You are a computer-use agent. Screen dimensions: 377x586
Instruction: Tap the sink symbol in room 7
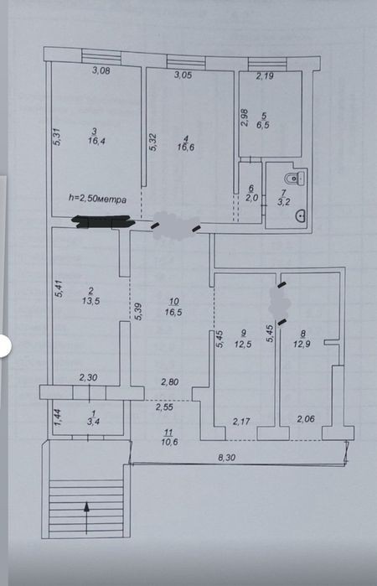[x=301, y=215]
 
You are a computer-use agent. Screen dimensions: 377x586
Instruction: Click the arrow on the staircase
[x=86, y=517]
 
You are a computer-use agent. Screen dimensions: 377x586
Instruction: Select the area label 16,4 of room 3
[x=96, y=141]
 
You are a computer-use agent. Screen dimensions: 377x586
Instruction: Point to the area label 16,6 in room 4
[x=186, y=147]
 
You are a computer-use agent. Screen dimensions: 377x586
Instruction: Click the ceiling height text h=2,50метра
[x=97, y=199]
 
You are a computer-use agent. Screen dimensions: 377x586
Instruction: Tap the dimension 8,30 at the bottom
[x=226, y=457]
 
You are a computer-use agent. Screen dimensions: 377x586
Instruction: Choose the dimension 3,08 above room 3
[x=101, y=70]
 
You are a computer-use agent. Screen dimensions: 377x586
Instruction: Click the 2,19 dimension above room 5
[x=265, y=76]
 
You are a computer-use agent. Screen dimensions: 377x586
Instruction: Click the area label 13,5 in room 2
[x=90, y=301]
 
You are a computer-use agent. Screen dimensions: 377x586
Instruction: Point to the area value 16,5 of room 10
[x=173, y=312]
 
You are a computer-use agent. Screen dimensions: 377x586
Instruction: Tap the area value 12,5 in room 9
[x=243, y=344]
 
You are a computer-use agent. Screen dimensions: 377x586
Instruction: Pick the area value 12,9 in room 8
[x=302, y=345]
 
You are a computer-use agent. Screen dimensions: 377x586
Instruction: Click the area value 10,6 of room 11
[x=169, y=442]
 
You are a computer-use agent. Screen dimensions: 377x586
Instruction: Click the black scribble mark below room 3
[x=103, y=221]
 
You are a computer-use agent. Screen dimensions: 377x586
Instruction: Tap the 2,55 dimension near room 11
[x=164, y=407]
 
